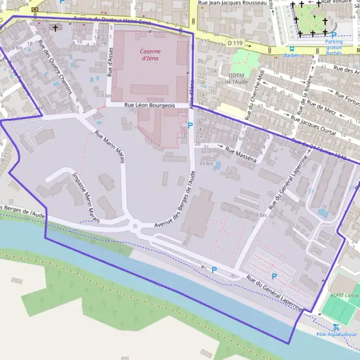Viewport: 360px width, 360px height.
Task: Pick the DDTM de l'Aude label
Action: [x=237, y=79]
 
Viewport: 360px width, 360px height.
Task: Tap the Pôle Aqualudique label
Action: [x=336, y=334]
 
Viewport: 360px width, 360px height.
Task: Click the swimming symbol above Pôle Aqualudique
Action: [x=336, y=327]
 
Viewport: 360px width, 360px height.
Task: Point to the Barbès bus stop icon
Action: [x=292, y=49]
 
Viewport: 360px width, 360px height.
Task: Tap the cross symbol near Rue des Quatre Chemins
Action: [x=56, y=28]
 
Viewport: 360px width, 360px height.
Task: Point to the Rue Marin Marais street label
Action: [x=112, y=142]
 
